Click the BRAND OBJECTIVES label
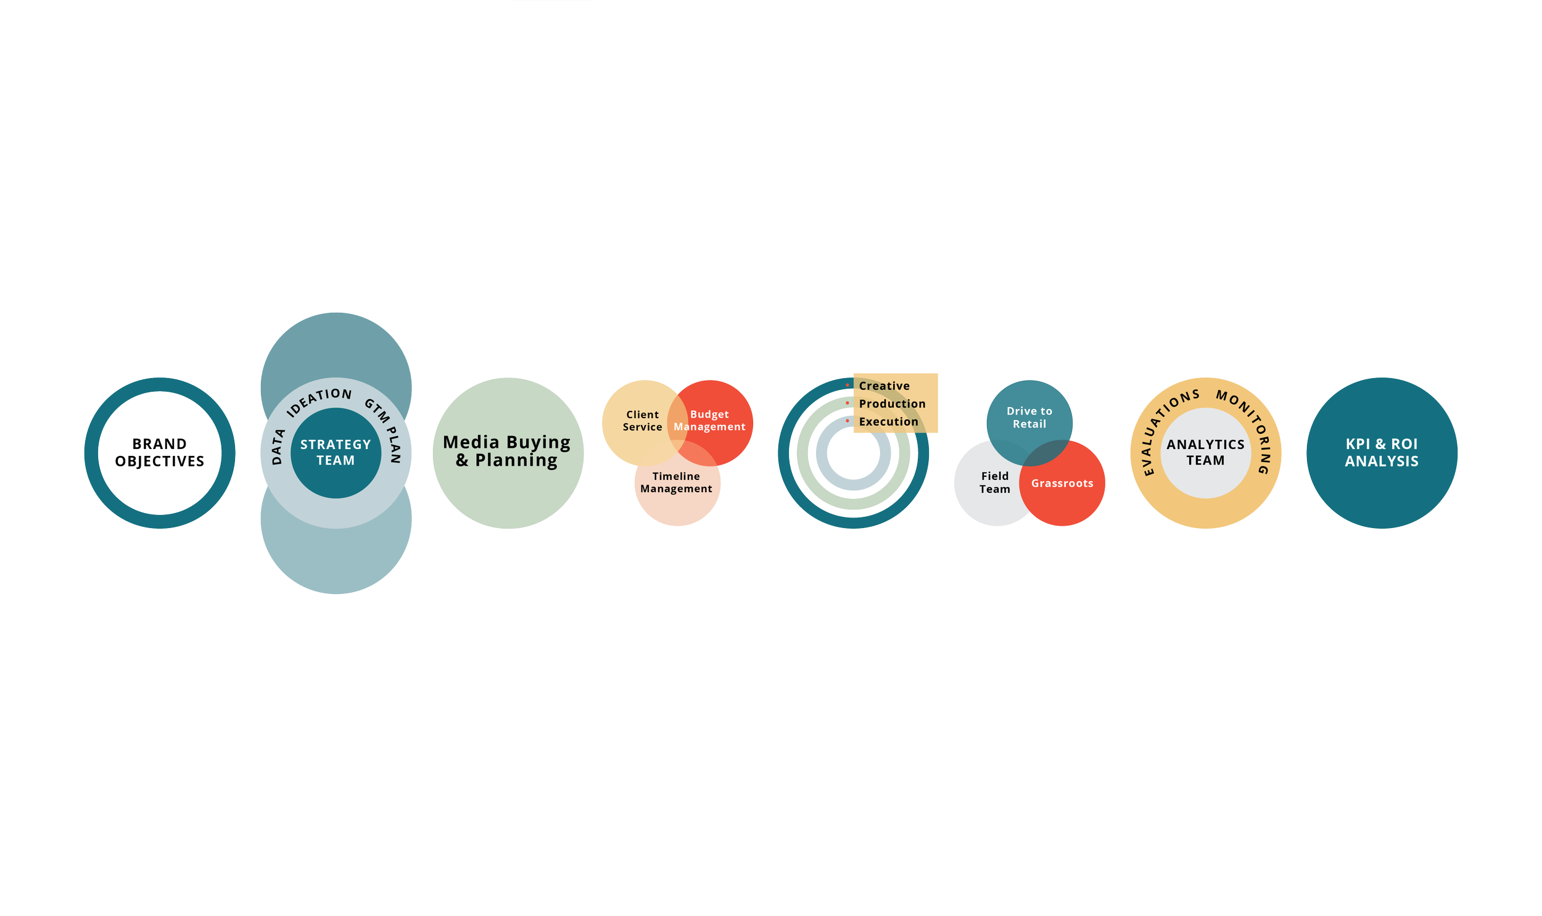pos(159,452)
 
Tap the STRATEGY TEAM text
pos(336,452)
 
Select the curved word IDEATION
pos(319,402)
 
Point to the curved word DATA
pos(278,446)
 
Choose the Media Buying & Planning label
pos(506,451)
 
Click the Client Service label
pos(642,420)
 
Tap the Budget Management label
pos(709,420)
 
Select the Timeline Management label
pos(676,482)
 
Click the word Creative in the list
pos(884,386)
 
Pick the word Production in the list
pos(893,403)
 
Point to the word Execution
pos(889,421)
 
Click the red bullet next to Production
pos(847,403)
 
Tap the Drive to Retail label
pos(1029,417)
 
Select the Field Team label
pos(995,482)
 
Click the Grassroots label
pos(1062,484)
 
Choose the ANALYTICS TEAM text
pos(1205,452)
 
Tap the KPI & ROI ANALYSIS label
pos(1382,452)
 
